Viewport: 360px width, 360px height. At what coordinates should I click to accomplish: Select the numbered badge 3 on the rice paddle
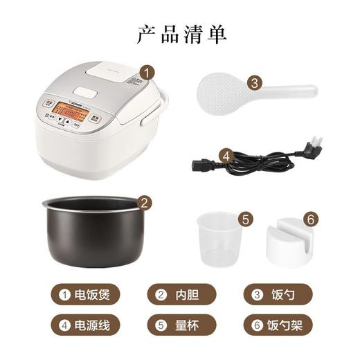[255, 82]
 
